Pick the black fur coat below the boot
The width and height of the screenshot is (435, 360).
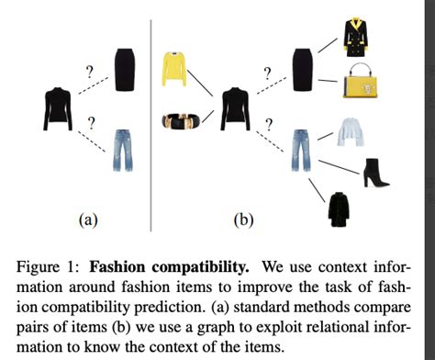(341, 209)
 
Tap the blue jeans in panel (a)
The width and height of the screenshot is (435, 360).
(122, 152)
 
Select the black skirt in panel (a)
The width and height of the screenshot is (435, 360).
(124, 63)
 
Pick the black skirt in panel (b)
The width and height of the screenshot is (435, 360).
(303, 66)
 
